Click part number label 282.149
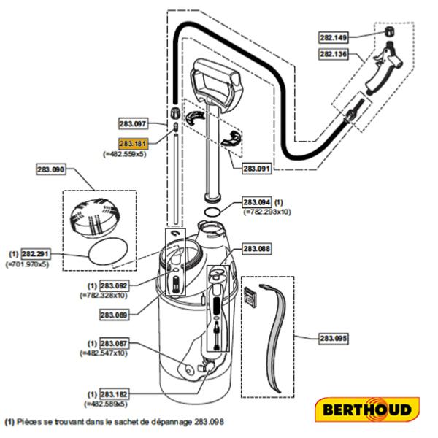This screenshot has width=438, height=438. pyautogui.click(x=334, y=36)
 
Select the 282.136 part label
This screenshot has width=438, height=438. pyautogui.click(x=334, y=53)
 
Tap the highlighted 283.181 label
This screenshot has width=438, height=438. pyautogui.click(x=133, y=144)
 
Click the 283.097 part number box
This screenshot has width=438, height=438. pyautogui.click(x=133, y=123)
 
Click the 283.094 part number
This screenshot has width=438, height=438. pyautogui.click(x=257, y=201)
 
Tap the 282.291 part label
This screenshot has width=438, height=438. pyautogui.click(x=36, y=253)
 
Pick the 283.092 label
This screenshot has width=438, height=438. pyautogui.click(x=114, y=285)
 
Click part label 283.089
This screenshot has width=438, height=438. pyautogui.click(x=114, y=315)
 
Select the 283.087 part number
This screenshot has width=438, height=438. pyautogui.click(x=114, y=343)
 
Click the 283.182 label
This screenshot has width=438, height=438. pyautogui.click(x=114, y=393)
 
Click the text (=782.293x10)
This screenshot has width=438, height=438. pyautogui.click(x=267, y=211)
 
